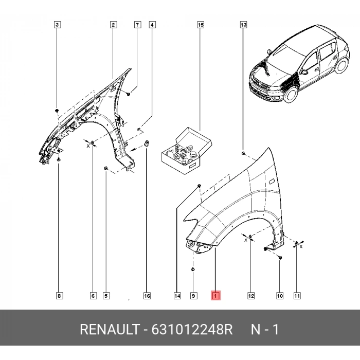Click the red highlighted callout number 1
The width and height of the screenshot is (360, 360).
point(215,296)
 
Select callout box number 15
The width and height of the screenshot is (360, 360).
point(201,25)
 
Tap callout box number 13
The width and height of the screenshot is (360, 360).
point(243,25)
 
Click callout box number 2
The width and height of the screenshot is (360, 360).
point(113,25)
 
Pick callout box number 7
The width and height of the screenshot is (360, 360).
point(137,25)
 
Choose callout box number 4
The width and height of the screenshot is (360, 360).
point(152,25)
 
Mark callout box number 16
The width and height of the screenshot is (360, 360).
point(147,296)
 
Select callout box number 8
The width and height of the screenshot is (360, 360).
point(59,296)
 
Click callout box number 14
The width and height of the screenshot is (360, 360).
point(177,296)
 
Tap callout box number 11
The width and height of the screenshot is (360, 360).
point(297,296)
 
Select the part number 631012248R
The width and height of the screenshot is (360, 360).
point(192,330)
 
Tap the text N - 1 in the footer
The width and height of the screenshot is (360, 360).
point(264,330)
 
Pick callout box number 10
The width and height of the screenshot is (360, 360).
point(280,296)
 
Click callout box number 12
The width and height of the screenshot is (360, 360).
point(250,296)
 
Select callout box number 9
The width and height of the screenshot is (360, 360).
point(193,296)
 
